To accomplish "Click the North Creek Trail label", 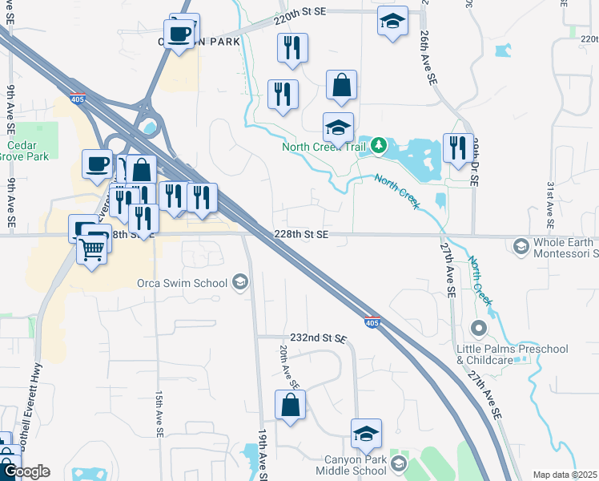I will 324,147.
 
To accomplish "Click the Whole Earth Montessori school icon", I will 521,245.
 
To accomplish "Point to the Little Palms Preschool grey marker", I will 479,329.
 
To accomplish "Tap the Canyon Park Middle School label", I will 355,465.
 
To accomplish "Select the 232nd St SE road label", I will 318,338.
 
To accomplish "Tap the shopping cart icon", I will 92,251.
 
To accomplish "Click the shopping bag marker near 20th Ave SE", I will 290,406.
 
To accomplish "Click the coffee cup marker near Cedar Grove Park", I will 98,164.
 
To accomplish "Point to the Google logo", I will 26,471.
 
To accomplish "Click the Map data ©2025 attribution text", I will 564,475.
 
